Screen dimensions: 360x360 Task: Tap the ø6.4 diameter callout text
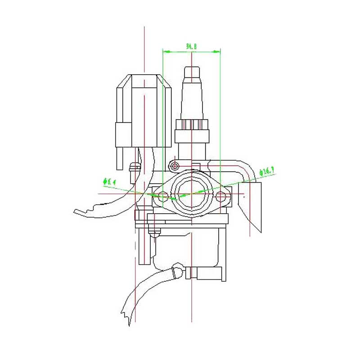coord(110,182)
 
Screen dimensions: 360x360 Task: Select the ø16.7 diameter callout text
coord(267,171)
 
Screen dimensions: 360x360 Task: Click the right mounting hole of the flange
coord(221,197)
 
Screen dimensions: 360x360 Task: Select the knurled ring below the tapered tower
coord(192,125)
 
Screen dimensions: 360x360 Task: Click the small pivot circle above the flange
coord(175,166)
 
